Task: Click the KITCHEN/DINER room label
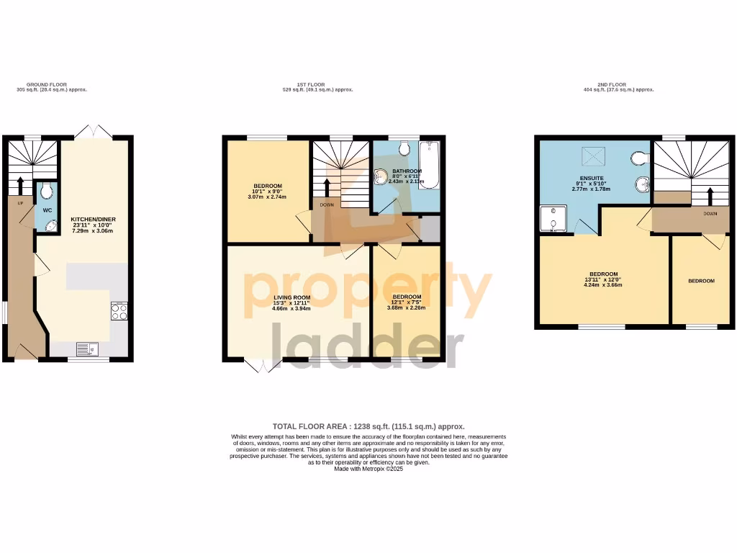tap(94, 219)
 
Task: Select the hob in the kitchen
tap(119, 311)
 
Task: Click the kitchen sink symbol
tap(84, 349)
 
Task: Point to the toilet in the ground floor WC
tap(48, 191)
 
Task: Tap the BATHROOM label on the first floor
tap(407, 171)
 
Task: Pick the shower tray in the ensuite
tap(553, 220)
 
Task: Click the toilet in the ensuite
tap(638, 158)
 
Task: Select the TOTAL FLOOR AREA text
tap(368, 426)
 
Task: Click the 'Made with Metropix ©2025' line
tap(368, 469)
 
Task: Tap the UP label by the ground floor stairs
tap(21, 204)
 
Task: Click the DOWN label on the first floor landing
tap(327, 204)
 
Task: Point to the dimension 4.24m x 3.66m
tap(603, 285)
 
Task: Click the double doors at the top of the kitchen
tap(95, 132)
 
